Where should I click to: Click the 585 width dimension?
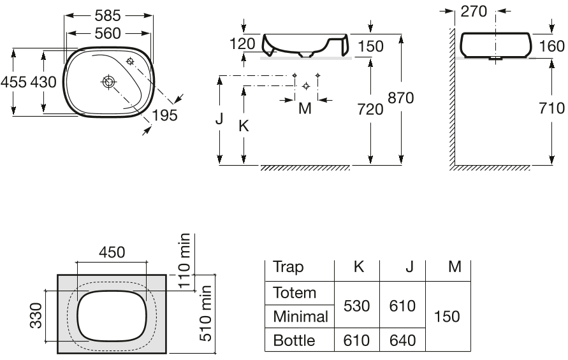click(108, 15)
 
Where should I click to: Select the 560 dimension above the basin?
click(108, 33)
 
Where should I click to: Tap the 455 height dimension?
click(13, 82)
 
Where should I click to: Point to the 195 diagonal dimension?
click(164, 115)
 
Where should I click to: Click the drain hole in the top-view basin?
click(108, 82)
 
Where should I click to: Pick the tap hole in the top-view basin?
click(129, 61)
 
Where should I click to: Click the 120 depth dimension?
click(242, 44)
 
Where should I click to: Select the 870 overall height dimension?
click(401, 97)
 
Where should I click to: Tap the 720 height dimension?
click(370, 109)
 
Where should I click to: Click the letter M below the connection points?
click(305, 108)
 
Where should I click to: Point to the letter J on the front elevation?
click(219, 119)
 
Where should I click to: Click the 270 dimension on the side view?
click(474, 11)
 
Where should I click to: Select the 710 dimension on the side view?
click(551, 108)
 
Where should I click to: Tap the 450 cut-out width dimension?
click(112, 252)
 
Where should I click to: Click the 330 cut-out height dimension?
click(36, 316)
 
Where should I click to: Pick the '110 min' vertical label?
click(184, 260)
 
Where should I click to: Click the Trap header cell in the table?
click(288, 267)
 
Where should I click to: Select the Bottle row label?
click(294, 340)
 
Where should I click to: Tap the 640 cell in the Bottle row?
click(402, 340)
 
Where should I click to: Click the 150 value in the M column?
click(447, 317)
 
